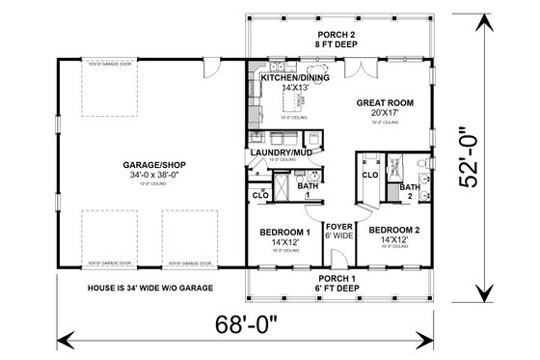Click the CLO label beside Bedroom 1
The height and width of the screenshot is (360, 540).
(x=259, y=195)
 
